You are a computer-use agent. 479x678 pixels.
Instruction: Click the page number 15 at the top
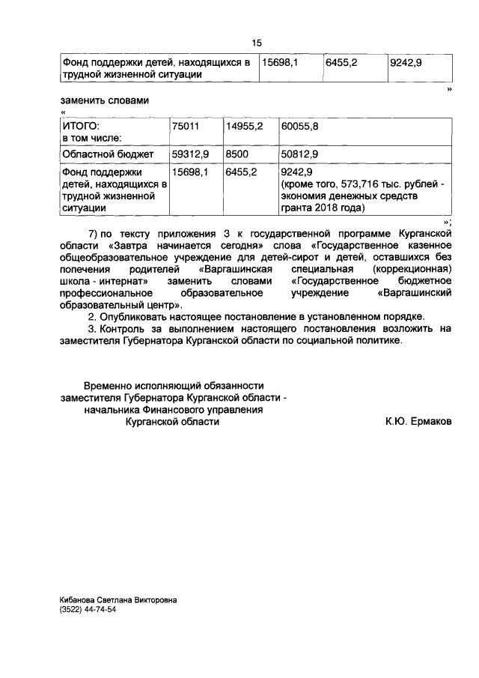(x=257, y=43)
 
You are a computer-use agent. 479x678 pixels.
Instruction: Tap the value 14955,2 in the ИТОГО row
(x=244, y=127)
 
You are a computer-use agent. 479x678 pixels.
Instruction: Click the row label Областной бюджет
(x=108, y=154)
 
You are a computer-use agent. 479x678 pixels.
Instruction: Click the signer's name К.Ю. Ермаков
(x=418, y=423)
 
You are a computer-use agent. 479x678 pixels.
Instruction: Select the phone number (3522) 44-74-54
(x=88, y=611)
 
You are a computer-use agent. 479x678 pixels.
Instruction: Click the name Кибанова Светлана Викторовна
(x=119, y=600)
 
